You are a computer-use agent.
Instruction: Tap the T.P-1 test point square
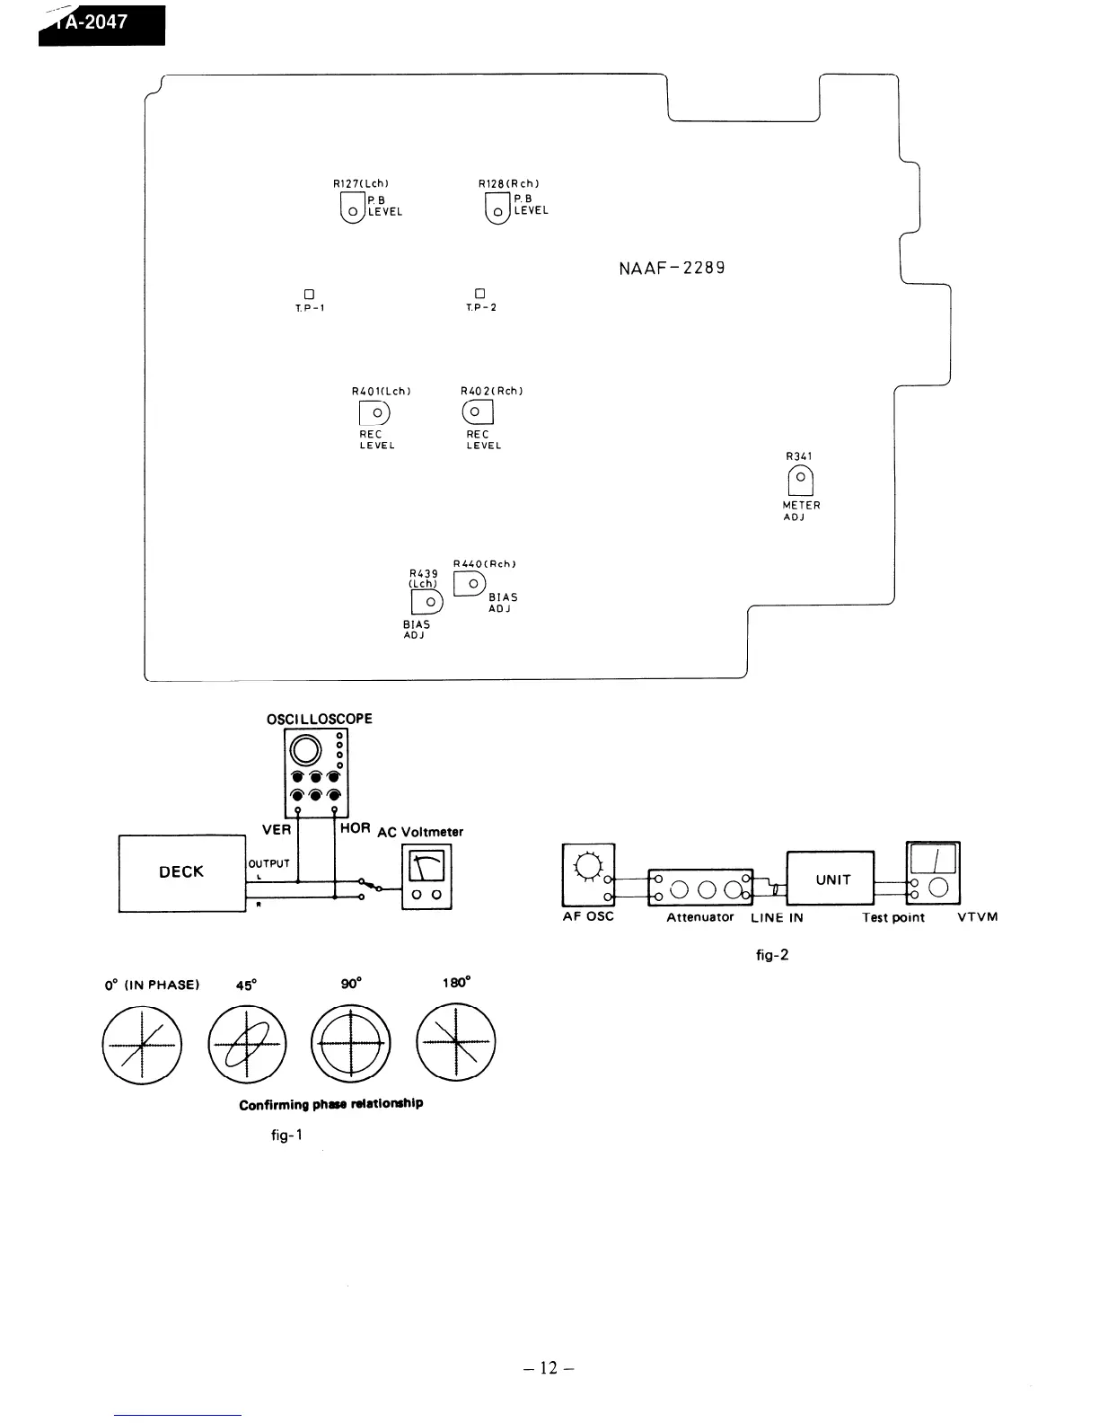309,294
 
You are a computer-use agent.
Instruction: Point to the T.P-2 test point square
479,294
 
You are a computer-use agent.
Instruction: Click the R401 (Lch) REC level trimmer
375,412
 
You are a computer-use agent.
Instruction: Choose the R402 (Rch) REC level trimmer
478,412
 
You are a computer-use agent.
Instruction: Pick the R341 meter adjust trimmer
800,481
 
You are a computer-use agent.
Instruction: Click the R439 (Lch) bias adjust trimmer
427,601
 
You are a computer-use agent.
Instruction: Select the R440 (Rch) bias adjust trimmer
470,584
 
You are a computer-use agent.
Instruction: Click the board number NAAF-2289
672,268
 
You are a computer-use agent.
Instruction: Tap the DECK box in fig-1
181,872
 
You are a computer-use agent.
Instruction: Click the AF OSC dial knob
587,865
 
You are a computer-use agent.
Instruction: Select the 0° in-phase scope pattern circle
142,1045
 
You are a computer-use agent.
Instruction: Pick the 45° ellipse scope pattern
247,1045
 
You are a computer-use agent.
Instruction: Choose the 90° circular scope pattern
351,1045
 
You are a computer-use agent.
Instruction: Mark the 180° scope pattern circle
456,1045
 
